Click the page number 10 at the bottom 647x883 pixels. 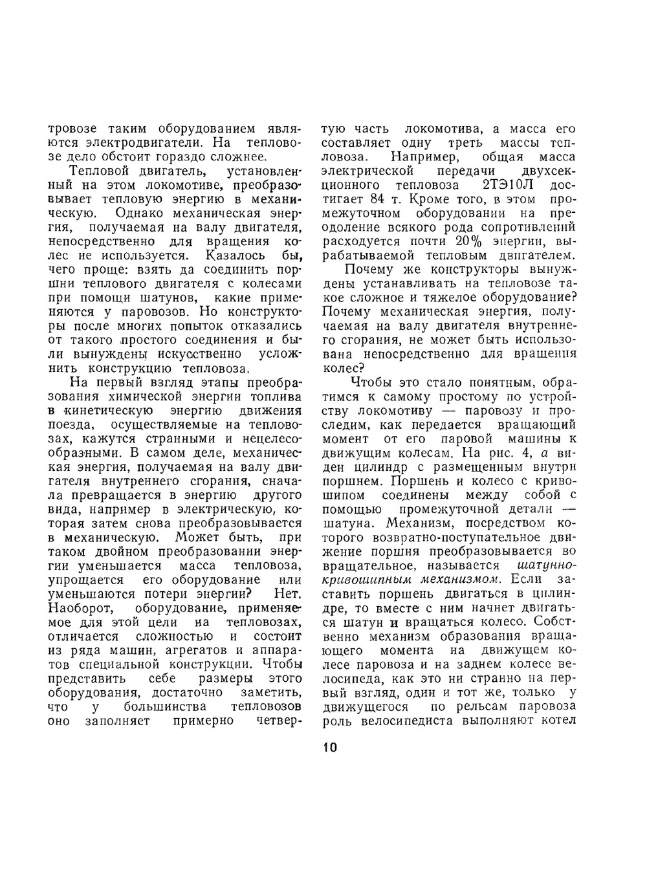pyautogui.click(x=329, y=748)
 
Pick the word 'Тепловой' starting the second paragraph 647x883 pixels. pyautogui.click(x=102, y=171)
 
